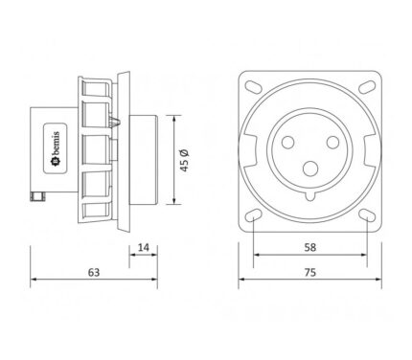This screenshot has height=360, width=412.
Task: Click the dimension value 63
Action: (94, 272)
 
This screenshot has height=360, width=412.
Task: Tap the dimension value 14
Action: (144, 247)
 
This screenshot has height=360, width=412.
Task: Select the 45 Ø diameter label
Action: (185, 160)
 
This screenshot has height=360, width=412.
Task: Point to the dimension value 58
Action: (309, 247)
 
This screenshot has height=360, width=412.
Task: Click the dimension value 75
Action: (309, 272)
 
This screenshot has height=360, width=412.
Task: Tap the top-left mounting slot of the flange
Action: (253, 86)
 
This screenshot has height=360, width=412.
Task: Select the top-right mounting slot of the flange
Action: (367, 86)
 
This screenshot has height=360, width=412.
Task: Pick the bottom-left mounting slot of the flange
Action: (253, 214)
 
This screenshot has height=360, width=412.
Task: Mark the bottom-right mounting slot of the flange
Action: (367, 214)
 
